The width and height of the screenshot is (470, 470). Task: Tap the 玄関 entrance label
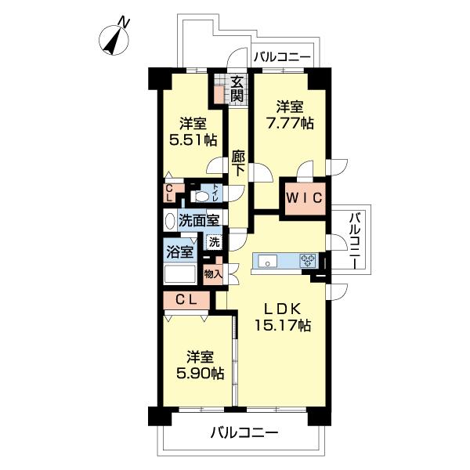coord(237,89)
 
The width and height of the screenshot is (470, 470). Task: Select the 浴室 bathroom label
coord(179,252)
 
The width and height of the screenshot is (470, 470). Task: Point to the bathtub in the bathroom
coord(179,274)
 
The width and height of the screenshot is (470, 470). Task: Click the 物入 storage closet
coord(212,273)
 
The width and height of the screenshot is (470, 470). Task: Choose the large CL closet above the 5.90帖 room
coord(186,298)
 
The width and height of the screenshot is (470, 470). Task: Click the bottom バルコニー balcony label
coord(244,432)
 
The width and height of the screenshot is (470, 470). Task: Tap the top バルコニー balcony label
coord(282,57)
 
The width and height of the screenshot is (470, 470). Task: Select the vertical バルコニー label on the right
coord(354,240)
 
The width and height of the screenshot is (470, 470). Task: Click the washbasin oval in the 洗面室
coord(169,222)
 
